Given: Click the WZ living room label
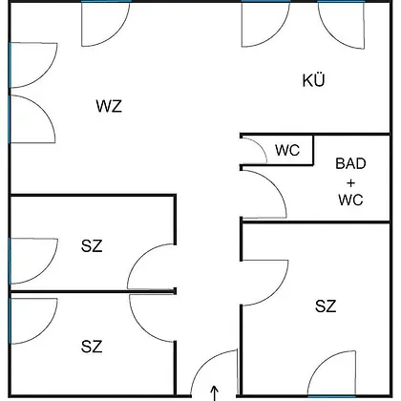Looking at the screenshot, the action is [109, 106].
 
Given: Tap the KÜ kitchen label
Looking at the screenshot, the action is [314, 80].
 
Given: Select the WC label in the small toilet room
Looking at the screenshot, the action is [287, 150].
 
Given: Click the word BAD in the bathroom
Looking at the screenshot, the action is [350, 163].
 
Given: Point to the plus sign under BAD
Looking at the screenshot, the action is [350, 183].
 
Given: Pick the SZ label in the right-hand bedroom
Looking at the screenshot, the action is [326, 306].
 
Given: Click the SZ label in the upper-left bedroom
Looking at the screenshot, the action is [92, 246].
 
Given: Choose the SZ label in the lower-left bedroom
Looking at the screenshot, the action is [92, 347].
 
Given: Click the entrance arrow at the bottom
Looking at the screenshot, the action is [215, 393].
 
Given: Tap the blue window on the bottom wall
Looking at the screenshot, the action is [331, 396].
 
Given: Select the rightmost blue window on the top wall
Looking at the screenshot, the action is [341, 2].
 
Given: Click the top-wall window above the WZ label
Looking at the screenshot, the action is [106, 2].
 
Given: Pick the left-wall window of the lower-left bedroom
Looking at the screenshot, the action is [10, 321].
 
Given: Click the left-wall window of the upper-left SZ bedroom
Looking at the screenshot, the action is [10, 261].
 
